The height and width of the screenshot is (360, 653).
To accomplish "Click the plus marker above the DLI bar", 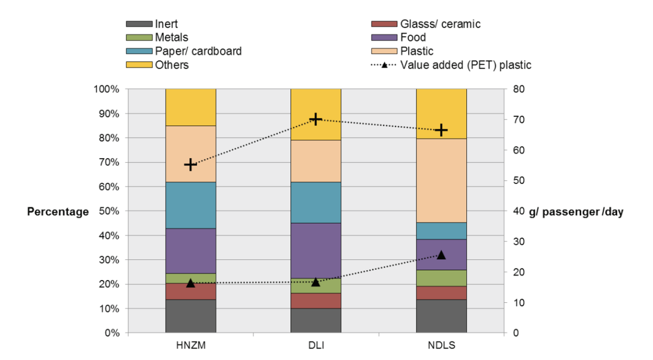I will point(316,119).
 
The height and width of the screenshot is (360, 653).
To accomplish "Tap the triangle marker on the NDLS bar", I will point(441,255).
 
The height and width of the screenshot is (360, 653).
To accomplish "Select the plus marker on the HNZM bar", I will point(190,164).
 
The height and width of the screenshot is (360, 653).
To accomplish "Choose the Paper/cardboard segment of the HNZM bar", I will point(190,205).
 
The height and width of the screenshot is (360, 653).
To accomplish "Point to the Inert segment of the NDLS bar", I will point(441,316).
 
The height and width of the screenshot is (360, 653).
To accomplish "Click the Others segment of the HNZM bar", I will point(190,107).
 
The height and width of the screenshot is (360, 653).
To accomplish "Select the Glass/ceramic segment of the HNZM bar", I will point(190,291).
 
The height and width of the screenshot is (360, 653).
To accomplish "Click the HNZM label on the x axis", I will point(190,345).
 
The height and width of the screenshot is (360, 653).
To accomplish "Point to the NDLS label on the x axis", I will point(441,345).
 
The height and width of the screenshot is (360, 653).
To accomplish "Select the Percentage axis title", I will point(58,212).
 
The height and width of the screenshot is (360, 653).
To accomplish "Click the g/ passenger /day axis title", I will point(576,212).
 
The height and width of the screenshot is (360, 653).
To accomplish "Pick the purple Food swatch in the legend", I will point(383,38).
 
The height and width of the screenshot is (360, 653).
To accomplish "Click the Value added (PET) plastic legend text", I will point(466,65).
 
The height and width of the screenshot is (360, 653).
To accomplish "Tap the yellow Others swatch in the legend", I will point(138,65).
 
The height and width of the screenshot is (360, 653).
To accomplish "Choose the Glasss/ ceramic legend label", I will point(440,24).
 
